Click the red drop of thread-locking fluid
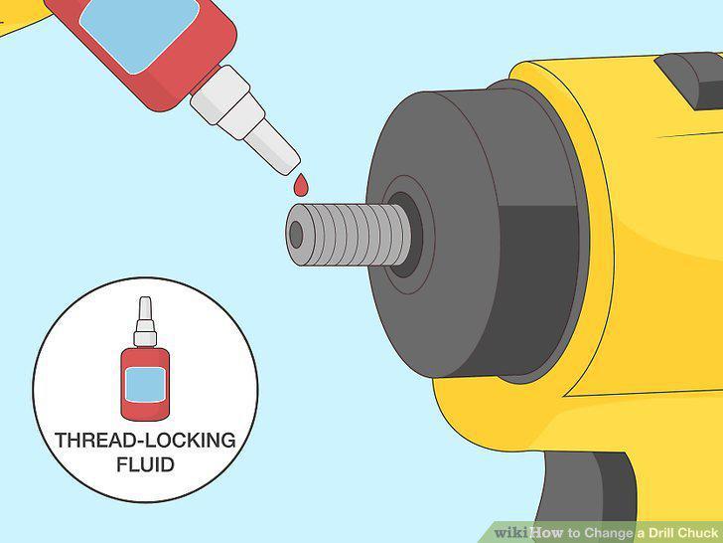[x=301, y=185]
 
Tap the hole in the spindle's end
[x=296, y=235]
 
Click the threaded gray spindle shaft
[x=349, y=235]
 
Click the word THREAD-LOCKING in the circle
[x=145, y=440]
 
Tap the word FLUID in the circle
[x=145, y=464]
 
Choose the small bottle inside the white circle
[x=145, y=359]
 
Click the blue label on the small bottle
[x=145, y=385]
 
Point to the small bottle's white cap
[x=145, y=322]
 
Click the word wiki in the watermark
[x=511, y=532]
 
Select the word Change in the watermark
[x=609, y=533]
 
